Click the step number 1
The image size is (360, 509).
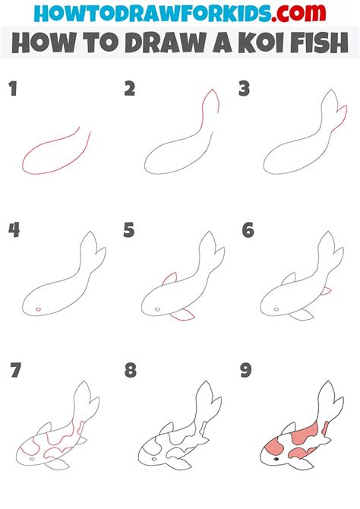pyautogui.click(x=13, y=90)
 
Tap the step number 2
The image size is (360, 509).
pyautogui.click(x=130, y=90)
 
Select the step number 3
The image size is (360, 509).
pyautogui.click(x=245, y=90)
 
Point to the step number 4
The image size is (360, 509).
pyautogui.click(x=14, y=230)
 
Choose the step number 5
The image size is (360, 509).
pyautogui.click(x=130, y=230)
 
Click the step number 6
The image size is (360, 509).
pyautogui.click(x=248, y=230)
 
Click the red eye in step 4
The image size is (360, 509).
pyautogui.click(x=38, y=309)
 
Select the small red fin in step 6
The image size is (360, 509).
pyautogui.click(x=326, y=291)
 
